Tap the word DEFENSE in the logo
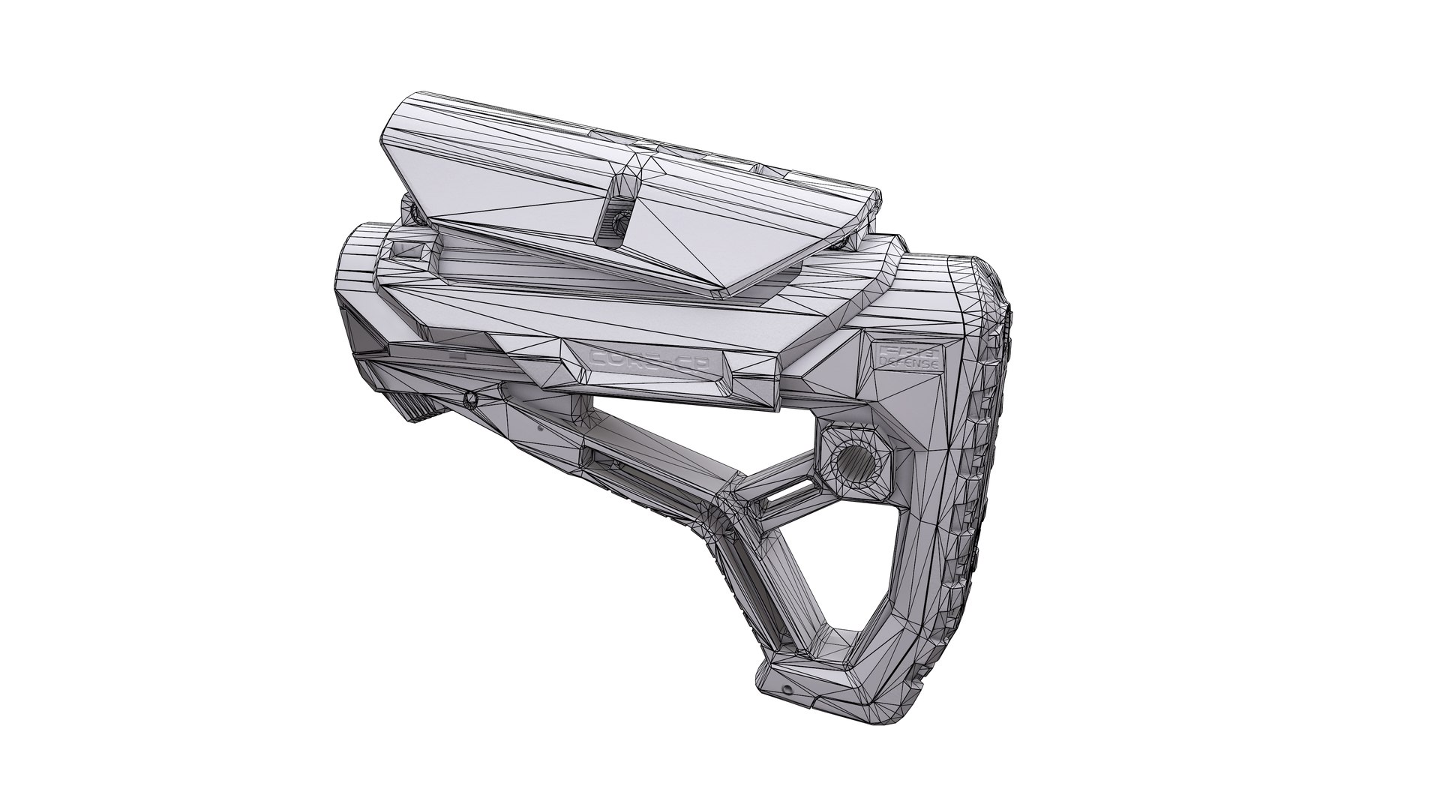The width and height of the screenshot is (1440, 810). point(909,363)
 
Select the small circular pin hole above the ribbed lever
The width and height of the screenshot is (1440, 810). point(471,396)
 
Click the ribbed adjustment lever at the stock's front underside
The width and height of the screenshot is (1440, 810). point(426,409)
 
